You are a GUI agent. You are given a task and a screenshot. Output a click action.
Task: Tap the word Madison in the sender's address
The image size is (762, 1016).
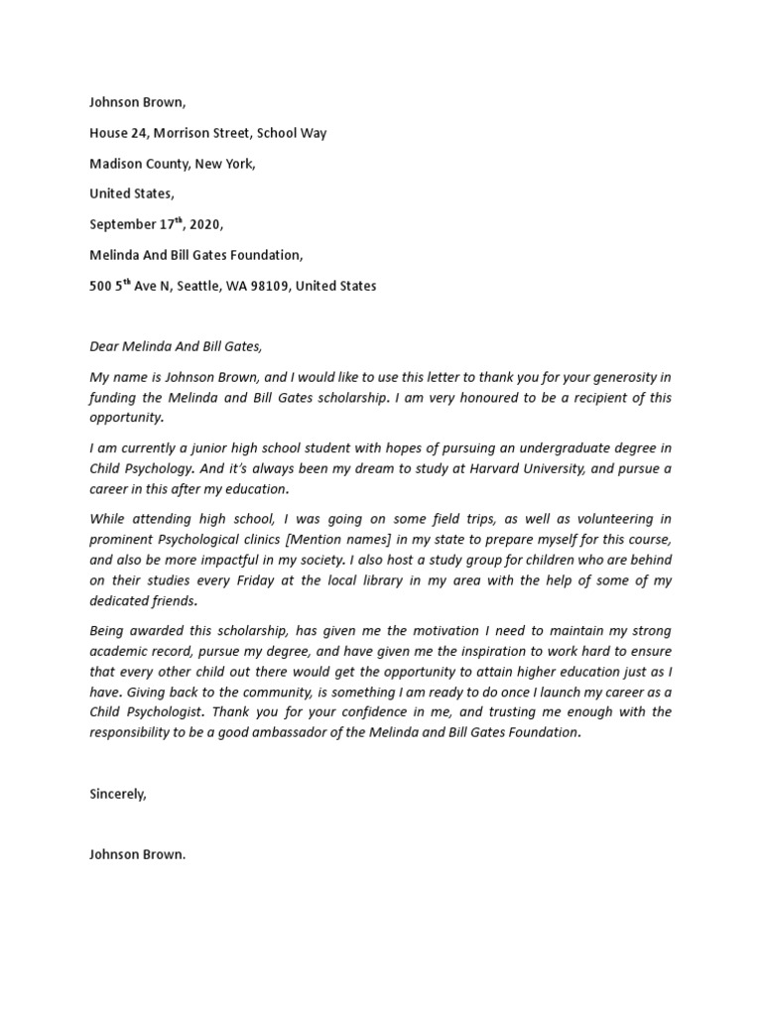pos(113,164)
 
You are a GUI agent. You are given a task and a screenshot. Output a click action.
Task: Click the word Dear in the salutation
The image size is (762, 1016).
pos(104,347)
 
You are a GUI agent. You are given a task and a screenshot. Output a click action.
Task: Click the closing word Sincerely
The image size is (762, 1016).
pos(117,794)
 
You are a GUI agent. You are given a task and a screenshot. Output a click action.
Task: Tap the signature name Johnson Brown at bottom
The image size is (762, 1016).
pos(136,854)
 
